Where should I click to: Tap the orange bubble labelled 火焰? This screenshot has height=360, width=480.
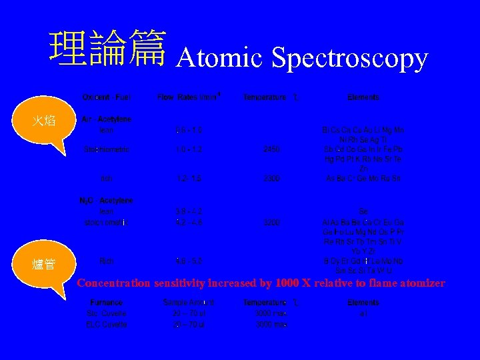[x=49, y=121]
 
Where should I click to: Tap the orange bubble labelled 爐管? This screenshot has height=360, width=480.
[x=48, y=265]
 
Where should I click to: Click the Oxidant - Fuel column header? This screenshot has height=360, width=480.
[x=107, y=97]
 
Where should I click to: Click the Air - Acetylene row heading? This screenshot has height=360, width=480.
[x=107, y=119]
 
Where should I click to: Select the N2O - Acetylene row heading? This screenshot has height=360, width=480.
[x=107, y=200]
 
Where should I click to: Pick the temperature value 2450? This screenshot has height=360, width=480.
[x=271, y=150]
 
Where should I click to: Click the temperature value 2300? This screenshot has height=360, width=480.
[x=271, y=179]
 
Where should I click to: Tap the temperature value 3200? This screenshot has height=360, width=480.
[x=271, y=222]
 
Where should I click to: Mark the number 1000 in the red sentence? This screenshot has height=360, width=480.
[x=287, y=283]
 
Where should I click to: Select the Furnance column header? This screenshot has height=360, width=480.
[x=107, y=303]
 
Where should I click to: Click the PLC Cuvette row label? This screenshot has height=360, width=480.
[x=107, y=324]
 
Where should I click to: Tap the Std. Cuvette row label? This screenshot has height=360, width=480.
[x=107, y=313]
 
